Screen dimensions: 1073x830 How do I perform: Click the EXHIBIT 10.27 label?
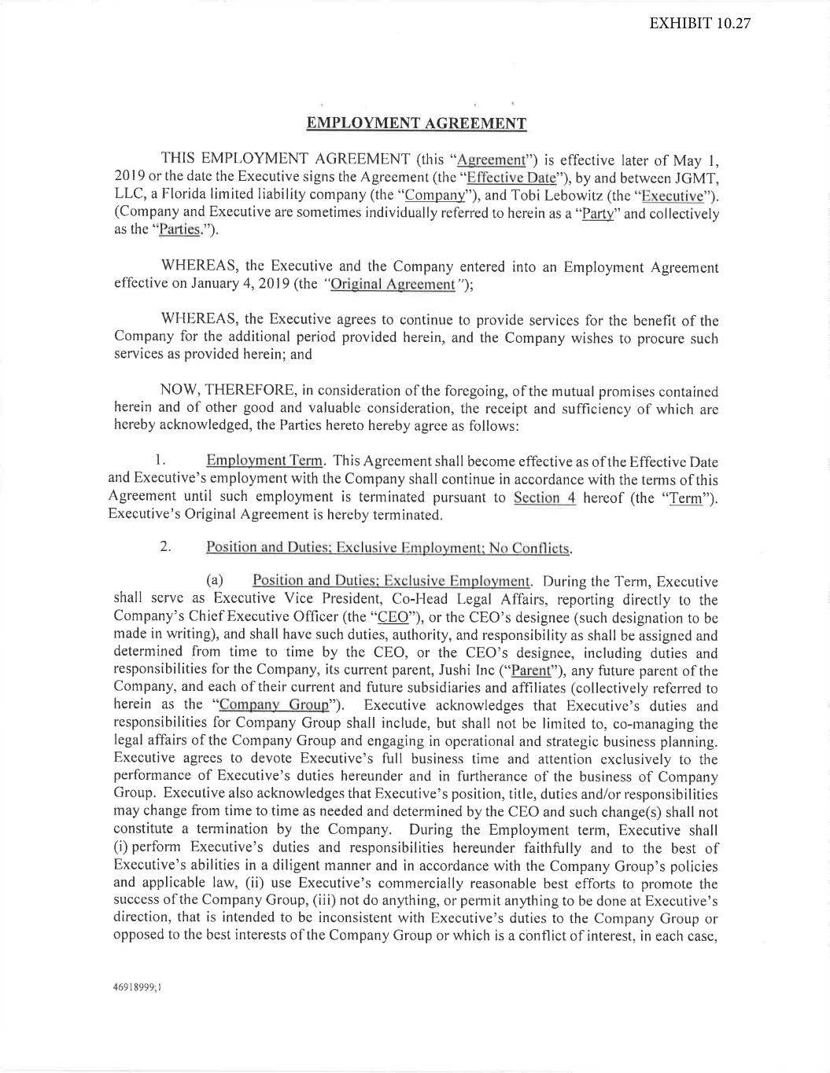click(x=699, y=23)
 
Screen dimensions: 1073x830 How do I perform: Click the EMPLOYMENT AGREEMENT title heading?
click(x=415, y=123)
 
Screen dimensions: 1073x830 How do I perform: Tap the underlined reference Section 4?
click(x=544, y=498)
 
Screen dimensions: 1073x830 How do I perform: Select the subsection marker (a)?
click(x=215, y=582)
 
